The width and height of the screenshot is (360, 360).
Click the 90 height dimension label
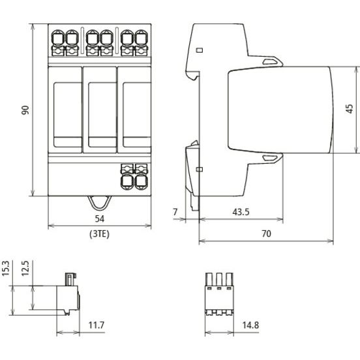(x=25, y=110)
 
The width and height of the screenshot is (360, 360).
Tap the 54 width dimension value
(x=100, y=218)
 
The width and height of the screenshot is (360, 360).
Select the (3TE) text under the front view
(x=99, y=234)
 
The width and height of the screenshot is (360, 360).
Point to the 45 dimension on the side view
(x=349, y=109)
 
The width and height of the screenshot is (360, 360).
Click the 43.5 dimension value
(x=241, y=212)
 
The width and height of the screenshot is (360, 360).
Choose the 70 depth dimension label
(x=266, y=233)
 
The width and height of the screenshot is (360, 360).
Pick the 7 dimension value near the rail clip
(x=175, y=212)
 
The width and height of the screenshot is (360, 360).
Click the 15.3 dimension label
(x=5, y=268)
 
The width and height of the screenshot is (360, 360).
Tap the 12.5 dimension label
(x=25, y=268)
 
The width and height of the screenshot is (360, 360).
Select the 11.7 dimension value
(x=97, y=325)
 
